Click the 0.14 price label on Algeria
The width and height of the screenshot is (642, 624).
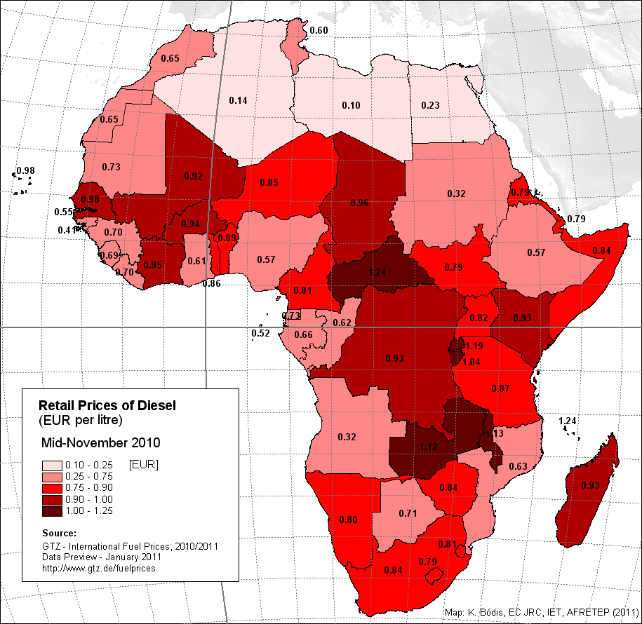239,100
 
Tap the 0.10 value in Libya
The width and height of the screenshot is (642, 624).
351,105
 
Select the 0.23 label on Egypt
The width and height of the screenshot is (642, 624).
430,105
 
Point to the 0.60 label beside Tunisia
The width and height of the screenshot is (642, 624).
319,30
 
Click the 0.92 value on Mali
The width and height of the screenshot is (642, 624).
193,175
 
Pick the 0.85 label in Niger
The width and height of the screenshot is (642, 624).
269,183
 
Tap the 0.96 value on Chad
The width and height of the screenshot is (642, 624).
359,203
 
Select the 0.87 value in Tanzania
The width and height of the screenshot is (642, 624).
500,388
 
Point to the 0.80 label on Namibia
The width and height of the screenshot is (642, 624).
348,520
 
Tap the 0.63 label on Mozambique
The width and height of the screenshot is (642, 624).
518,467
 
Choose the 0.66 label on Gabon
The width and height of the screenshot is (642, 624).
303,334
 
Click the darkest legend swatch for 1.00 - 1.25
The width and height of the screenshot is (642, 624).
51,510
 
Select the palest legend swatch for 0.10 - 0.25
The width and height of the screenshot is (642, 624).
51,466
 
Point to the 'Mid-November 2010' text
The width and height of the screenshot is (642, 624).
101,443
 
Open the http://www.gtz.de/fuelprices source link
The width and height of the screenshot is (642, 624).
99,567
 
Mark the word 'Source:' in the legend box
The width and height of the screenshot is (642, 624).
60,533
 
